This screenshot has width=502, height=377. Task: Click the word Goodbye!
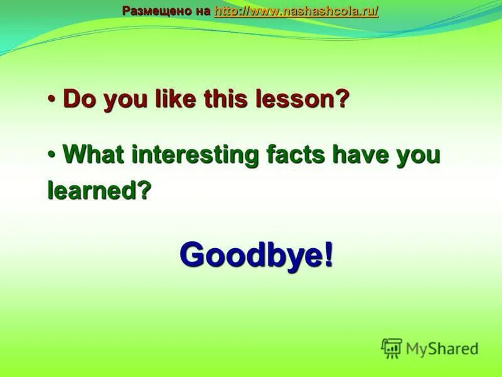[x=256, y=254]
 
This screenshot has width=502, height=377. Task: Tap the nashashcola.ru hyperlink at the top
[x=296, y=11]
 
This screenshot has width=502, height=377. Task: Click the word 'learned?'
[x=100, y=190]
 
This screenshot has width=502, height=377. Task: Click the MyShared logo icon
[x=392, y=348]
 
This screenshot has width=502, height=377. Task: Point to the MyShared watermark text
[x=442, y=349]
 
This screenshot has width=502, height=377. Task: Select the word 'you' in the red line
[x=122, y=101]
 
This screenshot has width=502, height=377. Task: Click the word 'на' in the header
[x=202, y=11]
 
